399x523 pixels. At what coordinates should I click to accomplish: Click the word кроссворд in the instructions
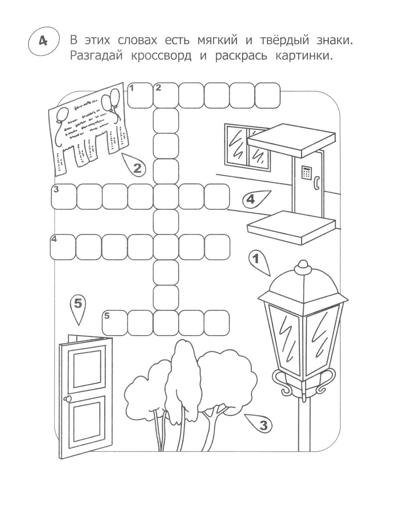[x=161, y=56]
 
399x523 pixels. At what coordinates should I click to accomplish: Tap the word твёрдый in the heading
[x=284, y=40]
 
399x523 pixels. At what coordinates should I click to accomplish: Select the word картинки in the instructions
[x=304, y=56]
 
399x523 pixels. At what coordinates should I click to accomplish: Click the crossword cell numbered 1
[x=140, y=95]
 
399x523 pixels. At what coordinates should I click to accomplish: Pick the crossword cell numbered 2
[x=166, y=95]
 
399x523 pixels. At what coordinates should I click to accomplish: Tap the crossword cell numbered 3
[x=64, y=197]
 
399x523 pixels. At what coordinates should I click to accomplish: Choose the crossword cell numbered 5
[x=115, y=323]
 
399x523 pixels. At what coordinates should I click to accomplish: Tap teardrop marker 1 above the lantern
[x=259, y=262]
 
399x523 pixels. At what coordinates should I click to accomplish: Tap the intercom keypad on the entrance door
[x=306, y=172]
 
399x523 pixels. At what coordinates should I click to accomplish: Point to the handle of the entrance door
[x=317, y=183]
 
